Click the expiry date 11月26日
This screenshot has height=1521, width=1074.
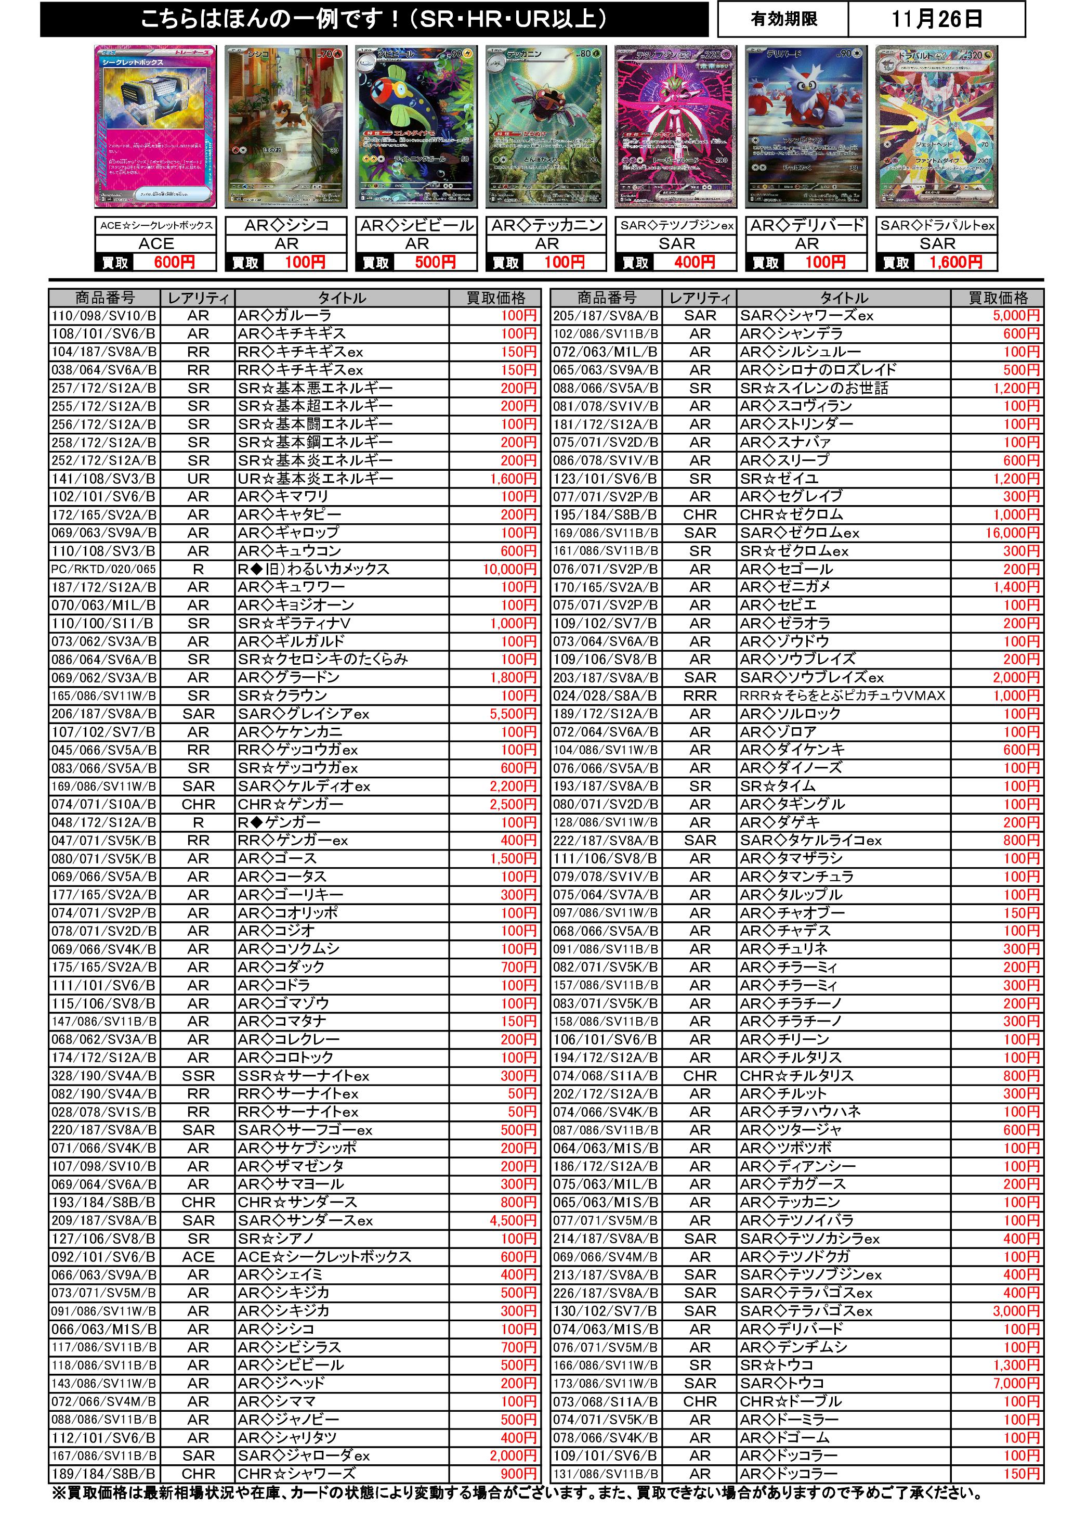[936, 19]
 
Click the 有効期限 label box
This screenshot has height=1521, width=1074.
[783, 19]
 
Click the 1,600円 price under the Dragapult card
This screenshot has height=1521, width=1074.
[955, 262]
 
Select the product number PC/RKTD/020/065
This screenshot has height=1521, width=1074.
[104, 569]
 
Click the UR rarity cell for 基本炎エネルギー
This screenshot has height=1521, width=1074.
[198, 478]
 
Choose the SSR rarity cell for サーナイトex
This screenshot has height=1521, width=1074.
[198, 1076]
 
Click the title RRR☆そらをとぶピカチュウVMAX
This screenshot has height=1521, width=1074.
[842, 695]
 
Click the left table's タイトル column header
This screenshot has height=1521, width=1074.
[342, 298]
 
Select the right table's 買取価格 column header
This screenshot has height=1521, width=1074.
[997, 298]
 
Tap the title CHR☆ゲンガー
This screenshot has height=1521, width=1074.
[291, 804]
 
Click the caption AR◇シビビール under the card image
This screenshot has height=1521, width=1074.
[417, 226]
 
